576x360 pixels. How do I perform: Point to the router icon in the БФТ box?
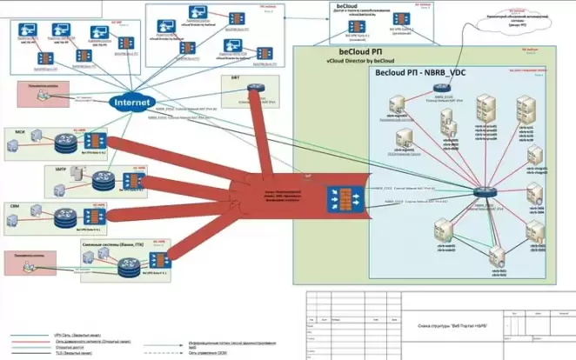[251, 90]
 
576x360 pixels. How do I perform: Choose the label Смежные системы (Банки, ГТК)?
[113, 246]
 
